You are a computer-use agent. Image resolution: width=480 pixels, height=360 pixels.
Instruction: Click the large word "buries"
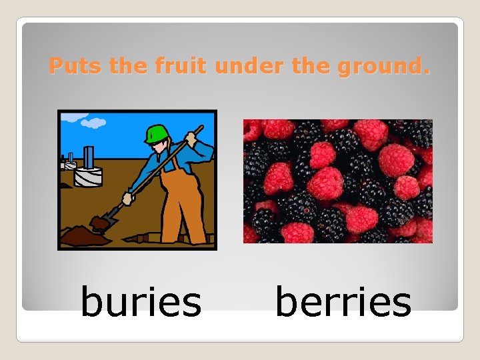point(140,301)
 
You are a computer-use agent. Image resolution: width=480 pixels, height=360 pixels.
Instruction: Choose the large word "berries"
point(343,301)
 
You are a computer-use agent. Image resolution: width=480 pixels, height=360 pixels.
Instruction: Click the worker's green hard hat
point(156,133)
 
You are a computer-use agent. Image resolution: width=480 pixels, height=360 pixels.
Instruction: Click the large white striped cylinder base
point(88,177)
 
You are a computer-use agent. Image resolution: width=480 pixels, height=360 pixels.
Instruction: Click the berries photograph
point(337,181)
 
